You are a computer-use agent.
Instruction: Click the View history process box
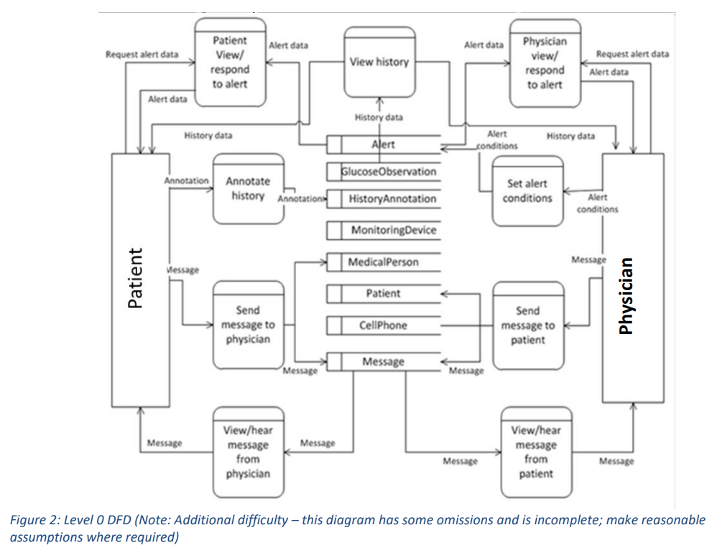[379, 62]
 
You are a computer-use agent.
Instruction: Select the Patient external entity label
[135, 278]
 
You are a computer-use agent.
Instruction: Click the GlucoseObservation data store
[389, 172]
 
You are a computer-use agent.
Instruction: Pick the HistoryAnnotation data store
[392, 198]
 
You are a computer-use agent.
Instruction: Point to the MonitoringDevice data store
[393, 230]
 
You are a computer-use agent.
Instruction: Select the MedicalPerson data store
[383, 262]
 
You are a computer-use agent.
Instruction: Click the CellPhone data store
[383, 325]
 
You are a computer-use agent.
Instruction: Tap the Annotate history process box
[248, 189]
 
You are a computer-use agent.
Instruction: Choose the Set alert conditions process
[527, 191]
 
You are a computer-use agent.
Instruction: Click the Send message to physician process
[248, 325]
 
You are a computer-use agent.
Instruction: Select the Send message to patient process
[527, 325]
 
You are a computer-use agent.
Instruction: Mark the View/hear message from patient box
[536, 452]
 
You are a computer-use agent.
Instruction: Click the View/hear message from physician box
[248, 452]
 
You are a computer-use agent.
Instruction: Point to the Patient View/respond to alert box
[231, 62]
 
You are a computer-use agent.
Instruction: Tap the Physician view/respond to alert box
[545, 62]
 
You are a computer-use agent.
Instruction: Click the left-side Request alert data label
[142, 55]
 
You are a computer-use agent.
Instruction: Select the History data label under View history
[379, 117]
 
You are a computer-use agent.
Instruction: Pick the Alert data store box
[383, 144]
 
